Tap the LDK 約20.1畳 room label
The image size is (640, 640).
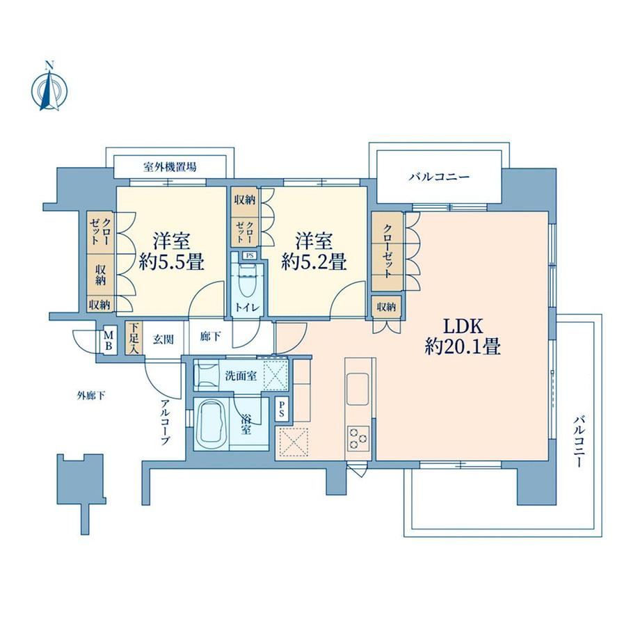click(463, 337)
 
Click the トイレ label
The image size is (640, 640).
click(247, 307)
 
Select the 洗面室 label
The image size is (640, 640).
click(241, 376)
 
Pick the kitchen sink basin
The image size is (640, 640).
click(358, 389)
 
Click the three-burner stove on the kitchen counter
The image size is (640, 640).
click(358, 438)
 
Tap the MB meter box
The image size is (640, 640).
click(108, 339)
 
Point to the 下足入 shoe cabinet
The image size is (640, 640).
click(134, 338)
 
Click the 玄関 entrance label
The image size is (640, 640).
click(163, 339)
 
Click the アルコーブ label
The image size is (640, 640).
click(165, 422)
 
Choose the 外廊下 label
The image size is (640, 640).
click(91, 395)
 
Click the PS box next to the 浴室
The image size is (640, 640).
click(281, 409)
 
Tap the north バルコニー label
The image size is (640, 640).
click(439, 177)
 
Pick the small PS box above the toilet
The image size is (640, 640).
click(249, 256)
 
